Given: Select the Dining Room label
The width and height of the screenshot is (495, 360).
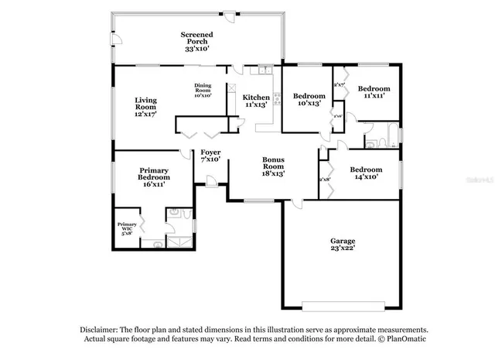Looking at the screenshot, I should (x=202, y=88).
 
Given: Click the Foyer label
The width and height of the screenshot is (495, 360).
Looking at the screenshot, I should (x=210, y=153).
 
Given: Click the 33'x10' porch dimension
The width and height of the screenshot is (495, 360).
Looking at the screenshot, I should (x=196, y=48).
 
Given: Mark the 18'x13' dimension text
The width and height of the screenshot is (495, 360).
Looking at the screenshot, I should (x=272, y=173).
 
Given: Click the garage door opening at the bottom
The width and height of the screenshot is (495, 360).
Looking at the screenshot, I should (x=343, y=303).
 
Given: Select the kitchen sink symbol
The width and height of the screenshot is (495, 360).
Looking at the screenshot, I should (x=265, y=71).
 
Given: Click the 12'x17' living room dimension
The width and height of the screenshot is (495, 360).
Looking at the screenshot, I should (x=145, y=114).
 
